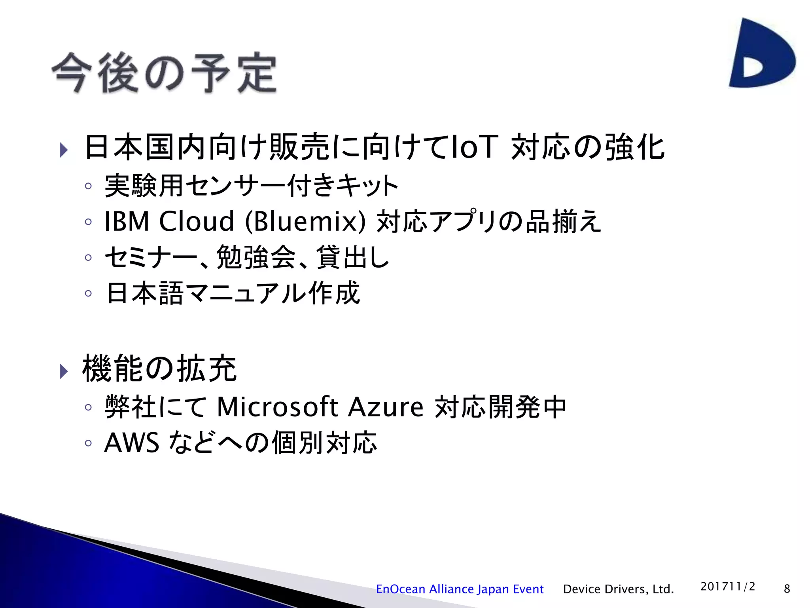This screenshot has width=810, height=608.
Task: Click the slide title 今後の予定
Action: pyautogui.click(x=164, y=73)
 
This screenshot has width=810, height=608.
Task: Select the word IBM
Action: pyautogui.click(x=127, y=221)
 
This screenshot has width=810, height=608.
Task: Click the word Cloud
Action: pyautogui.click(x=197, y=221)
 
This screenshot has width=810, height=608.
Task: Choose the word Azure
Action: pyautogui.click(x=386, y=407)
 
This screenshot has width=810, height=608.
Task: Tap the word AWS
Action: pyautogui.click(x=132, y=443)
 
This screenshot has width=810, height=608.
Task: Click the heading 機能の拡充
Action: pyautogui.click(x=159, y=369)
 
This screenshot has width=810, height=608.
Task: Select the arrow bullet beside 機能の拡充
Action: pyautogui.click(x=64, y=371)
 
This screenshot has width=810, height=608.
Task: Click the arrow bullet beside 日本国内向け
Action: pyautogui.click(x=64, y=150)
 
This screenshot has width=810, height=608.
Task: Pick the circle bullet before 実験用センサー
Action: pyautogui.click(x=88, y=186)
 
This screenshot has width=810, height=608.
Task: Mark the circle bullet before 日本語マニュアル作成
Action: pyautogui.click(x=88, y=293)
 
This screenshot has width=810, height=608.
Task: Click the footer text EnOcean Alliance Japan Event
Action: pyautogui.click(x=460, y=589)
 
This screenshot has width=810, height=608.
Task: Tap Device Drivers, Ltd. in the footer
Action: pyautogui.click(x=618, y=589)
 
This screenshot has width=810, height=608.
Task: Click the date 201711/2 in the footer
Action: pyautogui.click(x=728, y=586)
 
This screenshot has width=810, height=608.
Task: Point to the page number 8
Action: pyautogui.click(x=787, y=589)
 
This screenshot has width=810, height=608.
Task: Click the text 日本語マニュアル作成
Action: pyautogui.click(x=233, y=293)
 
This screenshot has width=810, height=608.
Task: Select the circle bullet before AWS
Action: pyautogui.click(x=88, y=443)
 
